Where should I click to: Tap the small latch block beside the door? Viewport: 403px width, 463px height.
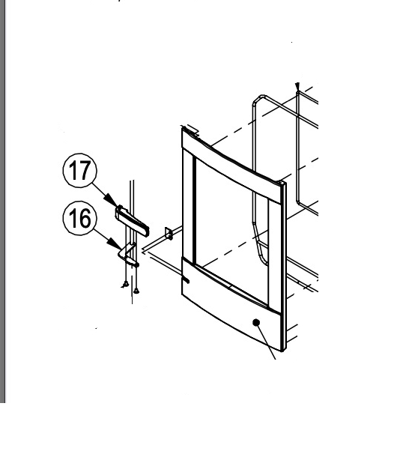click(x=169, y=234)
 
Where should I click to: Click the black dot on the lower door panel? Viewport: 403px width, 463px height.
click(x=256, y=322)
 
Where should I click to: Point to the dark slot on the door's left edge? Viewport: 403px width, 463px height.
click(x=185, y=282)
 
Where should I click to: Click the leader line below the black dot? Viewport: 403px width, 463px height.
click(x=270, y=345)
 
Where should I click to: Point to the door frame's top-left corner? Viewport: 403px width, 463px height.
click(x=184, y=130)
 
